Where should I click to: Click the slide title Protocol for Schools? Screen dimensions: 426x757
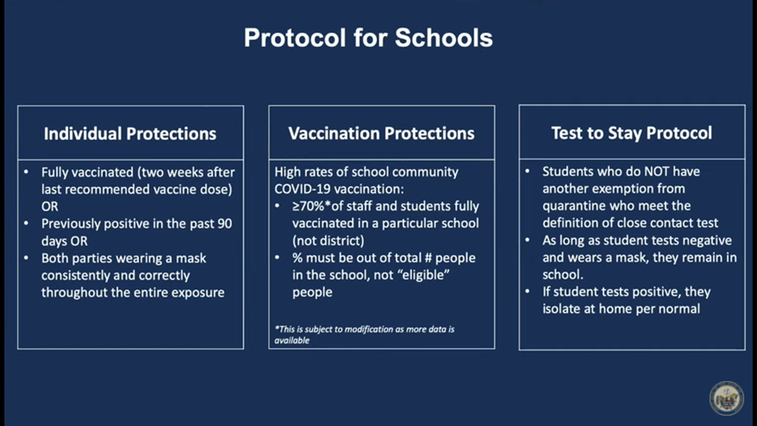tap(368, 38)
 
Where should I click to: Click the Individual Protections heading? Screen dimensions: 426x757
tap(130, 134)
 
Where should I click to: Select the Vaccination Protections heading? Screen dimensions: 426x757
tap(381, 133)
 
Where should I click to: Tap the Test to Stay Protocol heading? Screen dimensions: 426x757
tap(632, 133)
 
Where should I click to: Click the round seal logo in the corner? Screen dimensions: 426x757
tap(726, 398)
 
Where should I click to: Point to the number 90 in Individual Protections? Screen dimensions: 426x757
tap(225, 224)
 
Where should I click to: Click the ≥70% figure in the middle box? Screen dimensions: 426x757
tap(308, 206)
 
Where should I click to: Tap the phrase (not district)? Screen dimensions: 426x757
tap(328, 241)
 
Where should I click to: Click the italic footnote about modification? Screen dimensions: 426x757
tap(364, 334)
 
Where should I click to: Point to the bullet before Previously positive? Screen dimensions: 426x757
tap(26, 223)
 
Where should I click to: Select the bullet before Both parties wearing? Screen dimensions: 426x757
tap(26, 258)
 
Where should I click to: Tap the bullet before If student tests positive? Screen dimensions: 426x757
tap(528, 291)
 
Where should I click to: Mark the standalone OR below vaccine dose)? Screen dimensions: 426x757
tap(50, 206)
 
